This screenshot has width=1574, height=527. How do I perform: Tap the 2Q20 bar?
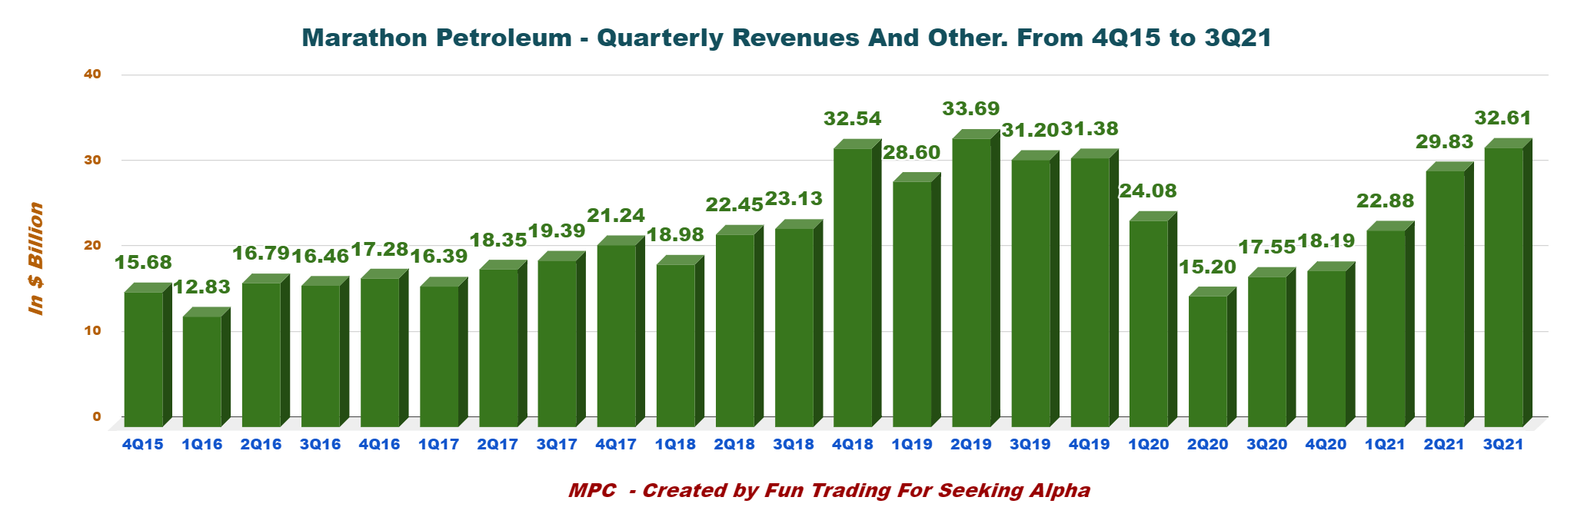click(x=1208, y=361)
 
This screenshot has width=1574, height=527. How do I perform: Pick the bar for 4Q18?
click(x=853, y=287)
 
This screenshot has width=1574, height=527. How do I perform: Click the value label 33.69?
click(x=971, y=109)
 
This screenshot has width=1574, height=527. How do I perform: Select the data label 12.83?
click(x=201, y=287)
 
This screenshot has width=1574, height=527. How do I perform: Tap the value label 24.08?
click(x=1148, y=191)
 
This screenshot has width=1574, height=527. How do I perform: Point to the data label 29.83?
click(x=1444, y=141)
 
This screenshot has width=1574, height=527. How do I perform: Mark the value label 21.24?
click(x=616, y=216)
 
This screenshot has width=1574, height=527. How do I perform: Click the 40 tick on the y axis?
click(x=92, y=75)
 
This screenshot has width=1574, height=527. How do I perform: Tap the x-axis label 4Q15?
click(x=142, y=444)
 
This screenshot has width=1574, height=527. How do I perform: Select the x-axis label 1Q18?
click(x=675, y=444)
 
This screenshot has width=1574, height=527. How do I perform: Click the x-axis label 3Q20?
click(x=1267, y=444)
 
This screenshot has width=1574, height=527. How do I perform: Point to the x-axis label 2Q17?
click(x=497, y=444)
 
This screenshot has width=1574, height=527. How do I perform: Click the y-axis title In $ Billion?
click(x=36, y=258)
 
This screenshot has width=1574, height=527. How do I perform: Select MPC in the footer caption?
click(x=592, y=490)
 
